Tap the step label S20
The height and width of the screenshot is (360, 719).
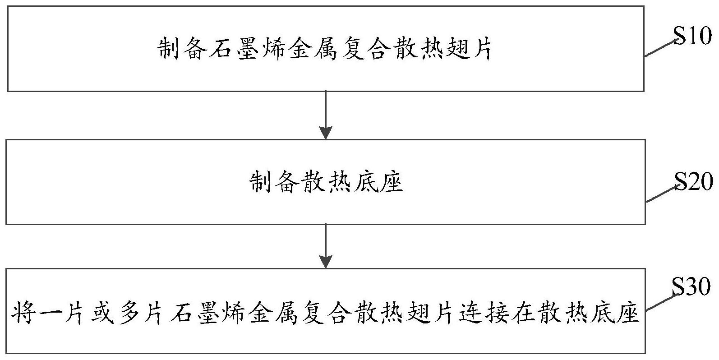tap(694, 182)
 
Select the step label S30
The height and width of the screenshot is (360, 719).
tap(691, 286)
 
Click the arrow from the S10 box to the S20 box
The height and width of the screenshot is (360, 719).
tap(325, 115)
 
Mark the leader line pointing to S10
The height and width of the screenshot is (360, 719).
tap(660, 48)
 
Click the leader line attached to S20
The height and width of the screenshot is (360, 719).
tap(662, 194)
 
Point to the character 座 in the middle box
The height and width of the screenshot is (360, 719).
tap(391, 183)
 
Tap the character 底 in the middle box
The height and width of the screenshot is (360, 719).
tap(365, 183)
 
